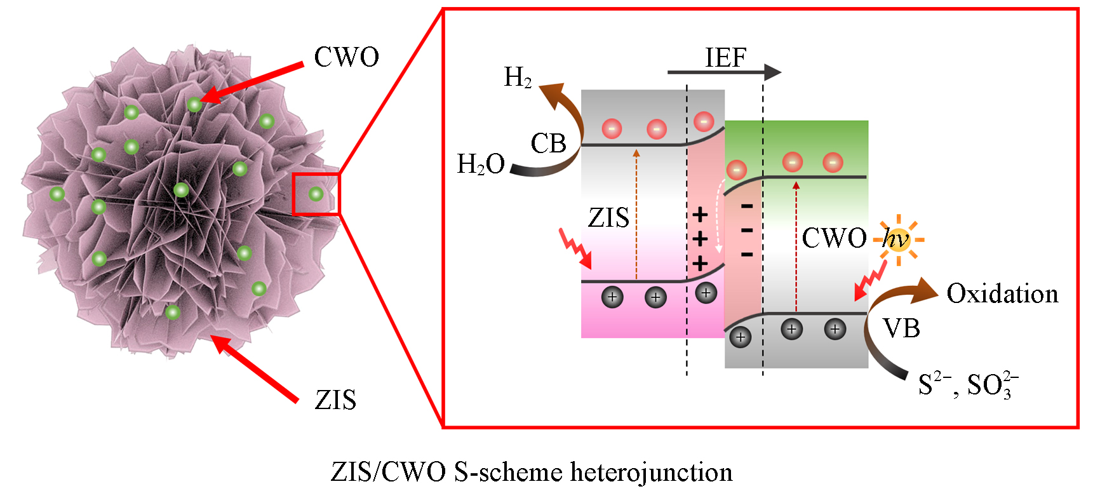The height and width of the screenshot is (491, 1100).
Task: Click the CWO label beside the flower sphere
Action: (x=346, y=57)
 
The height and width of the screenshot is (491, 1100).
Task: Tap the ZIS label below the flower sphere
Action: (x=335, y=400)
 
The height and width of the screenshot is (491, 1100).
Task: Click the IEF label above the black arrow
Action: (x=725, y=58)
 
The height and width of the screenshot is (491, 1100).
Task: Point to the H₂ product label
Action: (x=518, y=77)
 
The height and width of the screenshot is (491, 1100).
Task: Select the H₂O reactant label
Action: (x=481, y=165)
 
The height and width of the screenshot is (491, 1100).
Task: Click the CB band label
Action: (x=548, y=144)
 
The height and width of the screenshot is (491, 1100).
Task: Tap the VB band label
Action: (x=901, y=328)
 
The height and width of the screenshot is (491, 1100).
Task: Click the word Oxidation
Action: (x=1002, y=293)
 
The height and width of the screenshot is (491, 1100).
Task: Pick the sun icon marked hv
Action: (x=898, y=239)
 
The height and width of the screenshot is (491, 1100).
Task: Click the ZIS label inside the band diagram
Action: (x=608, y=218)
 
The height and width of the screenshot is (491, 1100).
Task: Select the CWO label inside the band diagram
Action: (x=834, y=238)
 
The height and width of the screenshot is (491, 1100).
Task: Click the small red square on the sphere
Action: (x=316, y=194)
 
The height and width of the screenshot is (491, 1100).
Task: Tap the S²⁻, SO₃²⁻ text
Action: (x=968, y=384)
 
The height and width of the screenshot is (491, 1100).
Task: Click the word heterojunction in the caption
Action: (x=652, y=472)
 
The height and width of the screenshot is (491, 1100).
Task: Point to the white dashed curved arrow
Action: (x=720, y=216)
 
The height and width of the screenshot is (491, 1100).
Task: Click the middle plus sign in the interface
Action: (x=700, y=239)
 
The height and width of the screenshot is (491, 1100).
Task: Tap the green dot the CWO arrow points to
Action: (x=194, y=104)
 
